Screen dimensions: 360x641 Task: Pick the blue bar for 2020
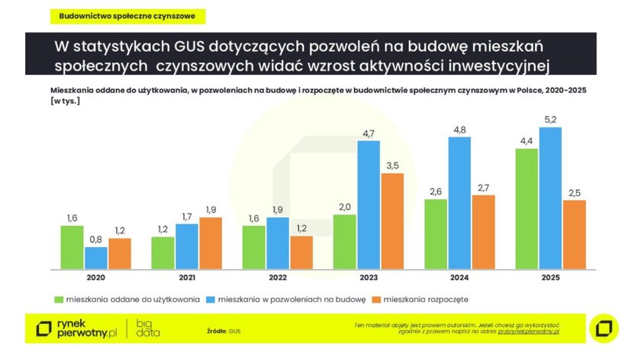[96, 258]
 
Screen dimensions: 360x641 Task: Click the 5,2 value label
[551, 118]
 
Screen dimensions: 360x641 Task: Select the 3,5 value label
[391, 165]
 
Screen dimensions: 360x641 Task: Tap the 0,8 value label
[96, 239]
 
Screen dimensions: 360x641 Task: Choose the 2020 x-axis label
[96, 278]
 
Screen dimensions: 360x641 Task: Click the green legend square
[58, 298]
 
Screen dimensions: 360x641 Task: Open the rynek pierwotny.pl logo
[79, 329]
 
